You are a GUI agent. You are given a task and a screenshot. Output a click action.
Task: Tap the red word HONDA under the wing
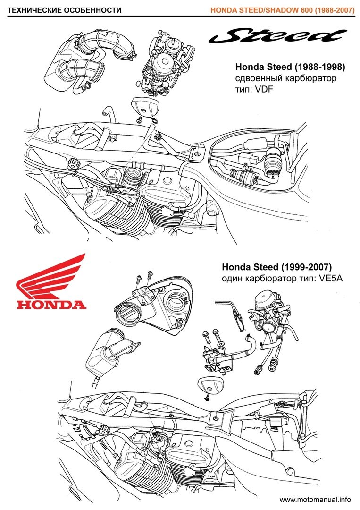(51, 304)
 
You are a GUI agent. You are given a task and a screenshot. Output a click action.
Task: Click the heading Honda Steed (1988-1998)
(286, 66)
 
